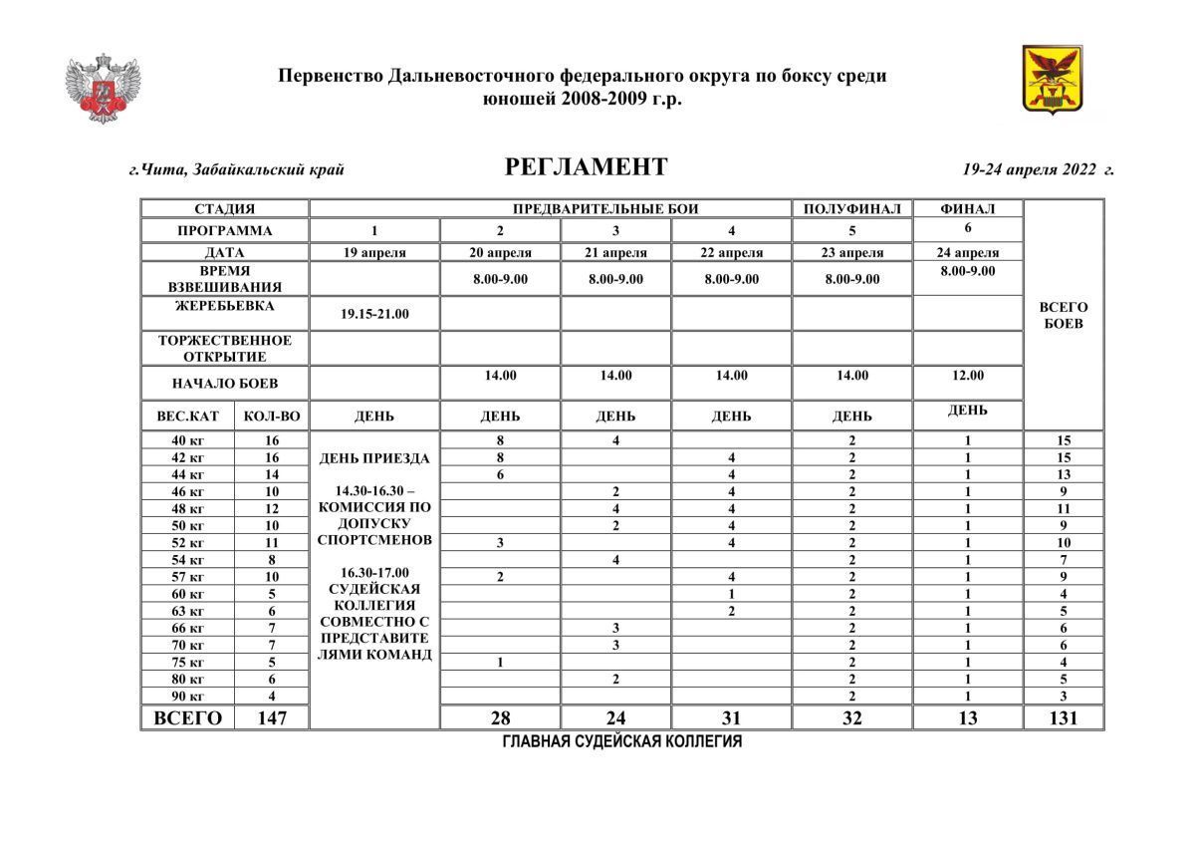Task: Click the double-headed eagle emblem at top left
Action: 103,89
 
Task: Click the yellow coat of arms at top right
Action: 1053,79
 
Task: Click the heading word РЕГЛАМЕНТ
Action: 587,167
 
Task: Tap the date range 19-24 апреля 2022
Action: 1038,169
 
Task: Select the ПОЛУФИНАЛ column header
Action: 851,209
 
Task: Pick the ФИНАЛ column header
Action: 967,209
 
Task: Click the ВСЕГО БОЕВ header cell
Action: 1064,316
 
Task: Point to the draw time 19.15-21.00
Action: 374,314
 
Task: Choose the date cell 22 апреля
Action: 731,253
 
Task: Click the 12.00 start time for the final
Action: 967,376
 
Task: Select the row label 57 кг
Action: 187,577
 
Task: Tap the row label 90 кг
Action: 187,697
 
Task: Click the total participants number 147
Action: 272,717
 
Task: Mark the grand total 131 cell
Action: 1064,717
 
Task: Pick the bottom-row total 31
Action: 731,717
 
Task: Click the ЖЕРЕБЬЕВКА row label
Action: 224,306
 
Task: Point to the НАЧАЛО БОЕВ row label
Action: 224,384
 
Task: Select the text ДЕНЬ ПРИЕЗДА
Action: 374,459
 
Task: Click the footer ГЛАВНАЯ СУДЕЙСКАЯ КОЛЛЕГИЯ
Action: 622,742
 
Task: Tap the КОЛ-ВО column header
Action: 272,416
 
